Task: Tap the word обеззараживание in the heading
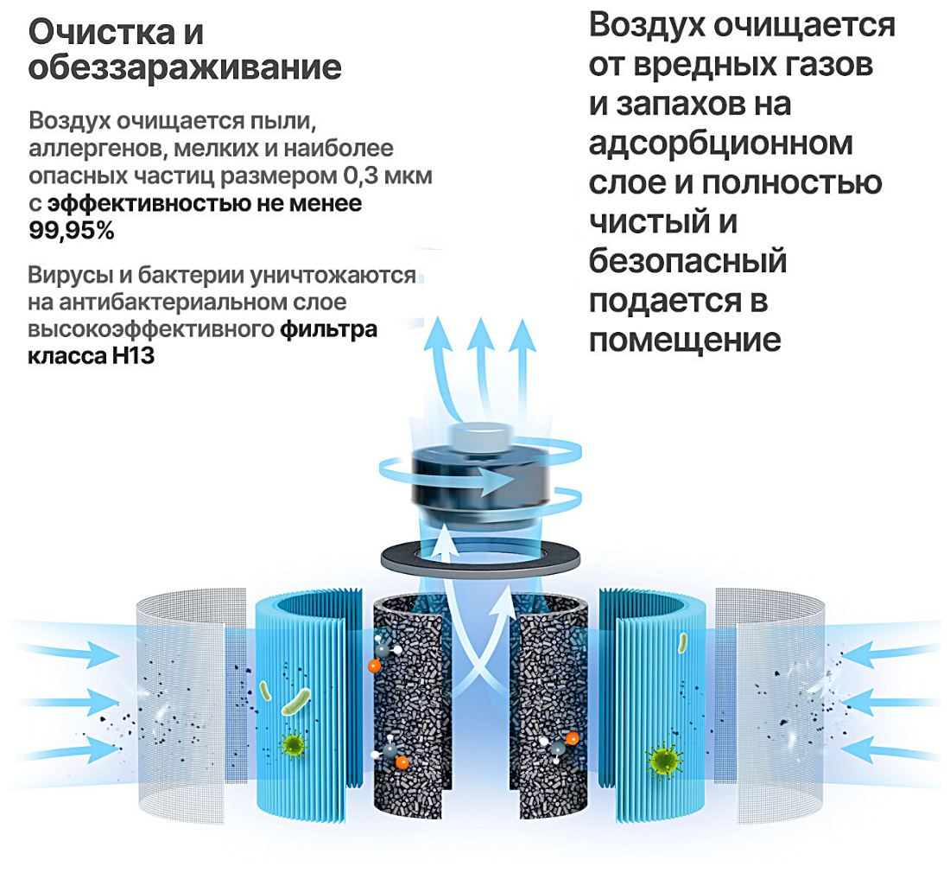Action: coord(185,68)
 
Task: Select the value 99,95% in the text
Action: coord(72,231)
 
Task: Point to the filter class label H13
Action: coord(133,354)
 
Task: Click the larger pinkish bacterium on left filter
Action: coord(298,702)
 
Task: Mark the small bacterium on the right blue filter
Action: coord(682,642)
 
